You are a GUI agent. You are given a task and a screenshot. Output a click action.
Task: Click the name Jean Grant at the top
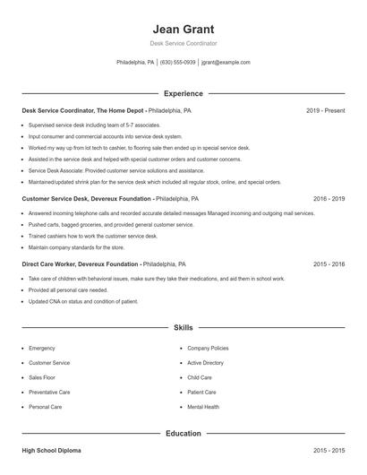coord(183,29)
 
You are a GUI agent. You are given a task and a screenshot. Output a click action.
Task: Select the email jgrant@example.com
coord(226,63)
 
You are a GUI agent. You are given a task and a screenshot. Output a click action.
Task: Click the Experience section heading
coord(183,93)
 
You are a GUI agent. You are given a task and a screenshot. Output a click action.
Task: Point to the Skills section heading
coord(183,328)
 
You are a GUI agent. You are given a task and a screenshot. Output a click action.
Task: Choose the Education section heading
coord(183,433)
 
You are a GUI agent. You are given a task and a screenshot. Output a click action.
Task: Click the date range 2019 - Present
coord(325,111)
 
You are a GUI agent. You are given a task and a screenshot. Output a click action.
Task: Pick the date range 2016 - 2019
coord(329,199)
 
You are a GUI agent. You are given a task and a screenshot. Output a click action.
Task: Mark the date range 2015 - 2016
coord(329,264)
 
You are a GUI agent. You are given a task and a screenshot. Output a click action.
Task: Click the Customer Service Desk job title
coord(87,199)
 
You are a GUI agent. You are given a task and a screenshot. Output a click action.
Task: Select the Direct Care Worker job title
coord(81,264)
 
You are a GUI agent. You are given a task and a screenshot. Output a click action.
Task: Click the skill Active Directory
coord(205,363)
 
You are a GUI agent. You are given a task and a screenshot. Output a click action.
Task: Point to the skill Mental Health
coord(203,407)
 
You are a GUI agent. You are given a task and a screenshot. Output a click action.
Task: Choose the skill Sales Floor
coord(44,377)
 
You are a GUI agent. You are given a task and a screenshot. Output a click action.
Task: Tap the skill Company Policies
coord(208,348)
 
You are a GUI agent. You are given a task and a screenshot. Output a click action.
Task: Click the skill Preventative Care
coord(49,393)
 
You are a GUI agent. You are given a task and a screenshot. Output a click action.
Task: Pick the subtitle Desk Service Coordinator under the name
coord(183,43)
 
